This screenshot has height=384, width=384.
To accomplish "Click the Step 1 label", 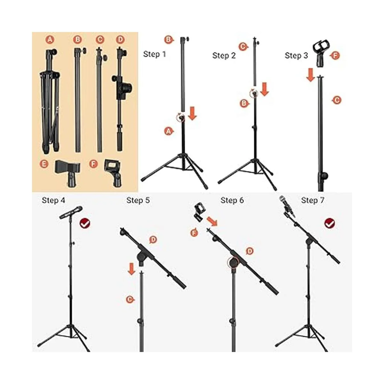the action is (x=155, y=54).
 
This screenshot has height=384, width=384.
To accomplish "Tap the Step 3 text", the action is (x=296, y=55).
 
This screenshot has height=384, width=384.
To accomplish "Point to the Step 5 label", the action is (x=138, y=200).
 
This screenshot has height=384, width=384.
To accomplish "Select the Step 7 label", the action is (x=312, y=200).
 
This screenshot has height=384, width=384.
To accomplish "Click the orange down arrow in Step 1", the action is (x=192, y=113).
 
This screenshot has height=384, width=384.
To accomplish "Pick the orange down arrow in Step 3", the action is (x=310, y=75).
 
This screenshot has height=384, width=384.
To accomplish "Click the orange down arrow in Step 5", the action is (x=132, y=269).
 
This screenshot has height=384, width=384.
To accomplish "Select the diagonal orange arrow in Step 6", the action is (x=212, y=222).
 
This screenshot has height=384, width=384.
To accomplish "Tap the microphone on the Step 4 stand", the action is (x=71, y=212).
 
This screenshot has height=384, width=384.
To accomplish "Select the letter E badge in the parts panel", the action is (x=44, y=164).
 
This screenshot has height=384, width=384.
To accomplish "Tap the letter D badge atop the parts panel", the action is (x=120, y=40).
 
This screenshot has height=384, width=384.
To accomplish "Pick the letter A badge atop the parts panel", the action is (x=50, y=40).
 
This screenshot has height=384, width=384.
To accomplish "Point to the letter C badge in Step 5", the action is (x=130, y=305).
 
